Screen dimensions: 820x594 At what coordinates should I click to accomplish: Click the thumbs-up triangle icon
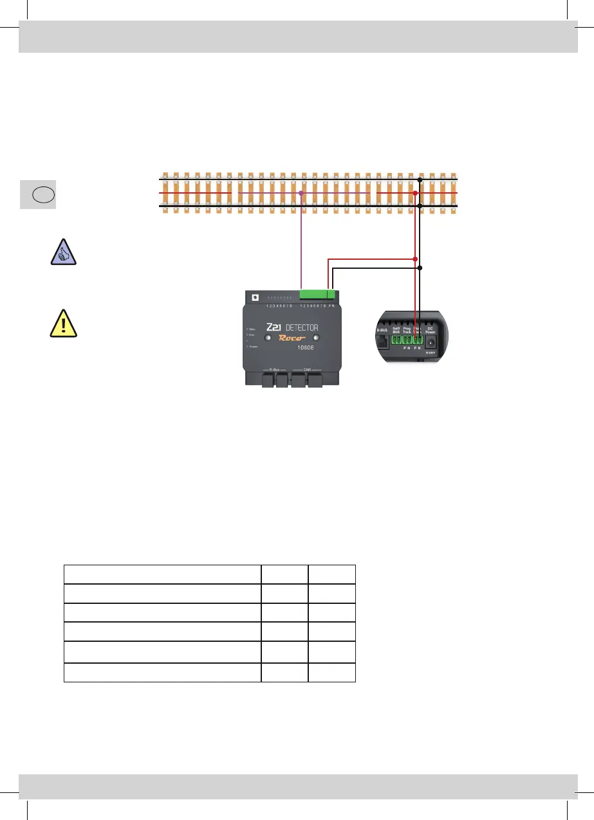pos(63,251)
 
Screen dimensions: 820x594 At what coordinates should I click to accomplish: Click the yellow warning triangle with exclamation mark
pos(63,324)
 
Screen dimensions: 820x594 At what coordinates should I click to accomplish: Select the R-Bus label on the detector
pos(275,370)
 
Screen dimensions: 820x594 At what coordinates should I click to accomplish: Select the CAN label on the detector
pos(308,370)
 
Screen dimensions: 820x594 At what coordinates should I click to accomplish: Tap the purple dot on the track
pos(301,192)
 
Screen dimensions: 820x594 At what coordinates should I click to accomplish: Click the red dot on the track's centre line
pos(415,192)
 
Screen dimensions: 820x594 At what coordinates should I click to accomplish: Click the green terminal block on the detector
pos(318,295)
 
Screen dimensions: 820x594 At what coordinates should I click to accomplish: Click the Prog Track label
pos(407,330)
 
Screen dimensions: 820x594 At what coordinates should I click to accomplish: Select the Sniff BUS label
pos(396,330)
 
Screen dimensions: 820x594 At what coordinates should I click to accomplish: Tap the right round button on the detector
pos(316,338)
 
